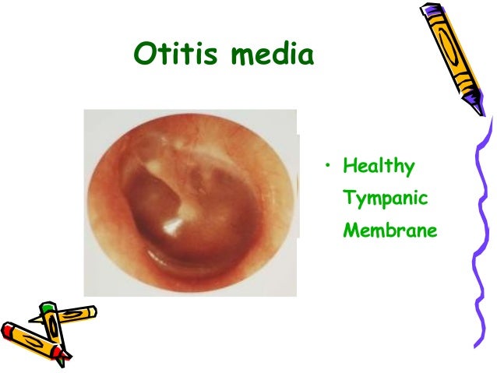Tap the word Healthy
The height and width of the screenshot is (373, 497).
[x=379, y=167]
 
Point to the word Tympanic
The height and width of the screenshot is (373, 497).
[x=386, y=199]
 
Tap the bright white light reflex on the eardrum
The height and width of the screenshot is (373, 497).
[x=169, y=225]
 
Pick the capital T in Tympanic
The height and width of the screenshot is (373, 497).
[x=350, y=198]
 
